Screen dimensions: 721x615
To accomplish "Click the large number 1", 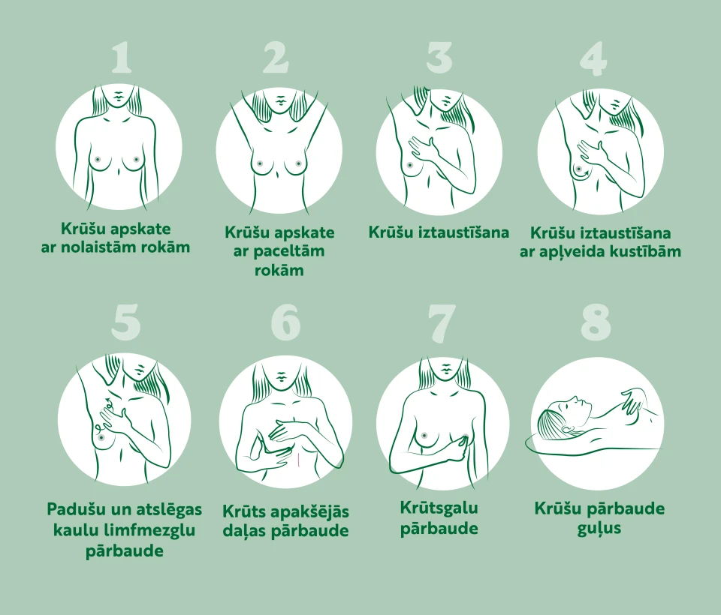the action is (122, 58).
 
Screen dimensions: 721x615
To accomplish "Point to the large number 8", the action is (596, 322).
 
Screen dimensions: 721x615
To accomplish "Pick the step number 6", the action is (285, 322).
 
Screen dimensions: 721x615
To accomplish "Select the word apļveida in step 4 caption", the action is (579, 252).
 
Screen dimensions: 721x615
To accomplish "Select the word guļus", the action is (599, 528).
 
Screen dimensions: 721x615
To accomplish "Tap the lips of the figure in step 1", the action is (119, 95).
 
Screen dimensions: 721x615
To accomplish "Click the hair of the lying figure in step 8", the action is (556, 419).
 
